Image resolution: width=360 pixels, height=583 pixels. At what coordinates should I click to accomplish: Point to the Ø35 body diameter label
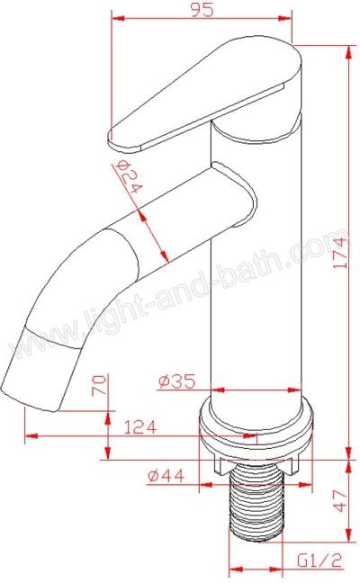click(x=176, y=381)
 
